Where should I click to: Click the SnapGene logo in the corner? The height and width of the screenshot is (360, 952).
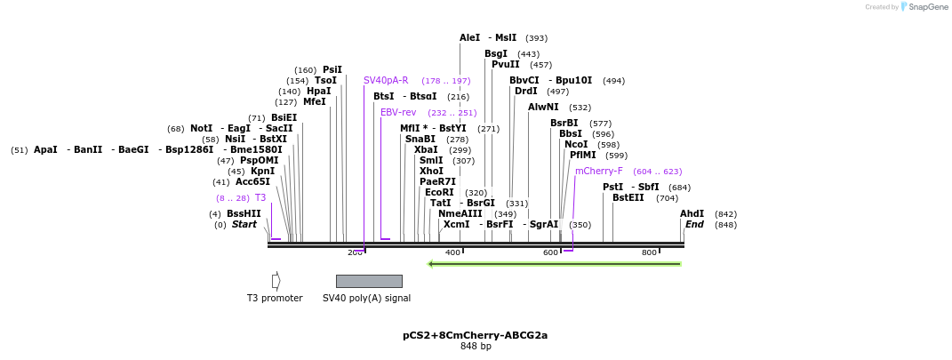point(924,7)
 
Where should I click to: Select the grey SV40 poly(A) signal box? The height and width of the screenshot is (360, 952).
point(369,281)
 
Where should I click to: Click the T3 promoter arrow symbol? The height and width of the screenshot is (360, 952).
point(276,281)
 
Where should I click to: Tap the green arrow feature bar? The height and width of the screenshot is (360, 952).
point(555,263)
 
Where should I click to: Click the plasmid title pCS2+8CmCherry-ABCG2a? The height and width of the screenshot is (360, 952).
point(475,335)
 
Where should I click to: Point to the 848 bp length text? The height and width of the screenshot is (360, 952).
point(475,347)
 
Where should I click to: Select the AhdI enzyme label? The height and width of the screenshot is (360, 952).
point(692,213)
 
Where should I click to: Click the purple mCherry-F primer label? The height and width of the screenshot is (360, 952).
point(598,171)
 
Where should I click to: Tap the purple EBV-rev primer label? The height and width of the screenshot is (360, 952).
point(398,113)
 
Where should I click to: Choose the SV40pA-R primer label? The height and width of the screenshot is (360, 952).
point(386,80)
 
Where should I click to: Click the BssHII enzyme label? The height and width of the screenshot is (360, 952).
point(244,213)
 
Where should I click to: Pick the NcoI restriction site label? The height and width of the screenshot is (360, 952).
point(576,144)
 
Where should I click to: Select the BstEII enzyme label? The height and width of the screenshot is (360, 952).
point(628,197)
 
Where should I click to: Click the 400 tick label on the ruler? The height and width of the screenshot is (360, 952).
point(452,252)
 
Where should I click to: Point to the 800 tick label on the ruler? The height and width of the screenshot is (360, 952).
point(649,252)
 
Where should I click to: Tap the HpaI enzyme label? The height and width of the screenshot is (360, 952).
point(318,91)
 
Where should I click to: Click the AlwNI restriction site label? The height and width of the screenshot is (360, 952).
point(543,107)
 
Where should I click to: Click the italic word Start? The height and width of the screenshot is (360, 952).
point(244,225)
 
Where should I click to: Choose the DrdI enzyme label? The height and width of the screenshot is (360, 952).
point(525,91)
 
